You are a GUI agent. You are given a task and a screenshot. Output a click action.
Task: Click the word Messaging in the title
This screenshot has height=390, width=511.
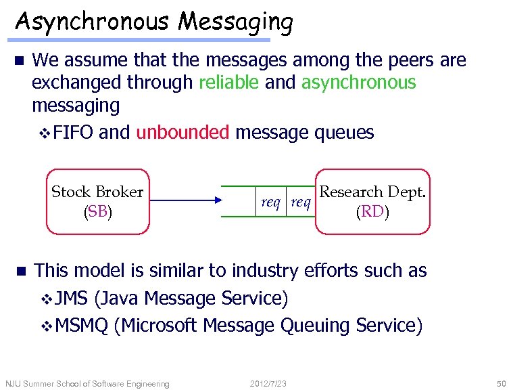coord(236,23)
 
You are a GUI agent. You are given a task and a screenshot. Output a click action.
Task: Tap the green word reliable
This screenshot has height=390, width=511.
coord(228,83)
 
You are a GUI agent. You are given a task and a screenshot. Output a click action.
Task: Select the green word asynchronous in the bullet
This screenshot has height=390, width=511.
coord(358,83)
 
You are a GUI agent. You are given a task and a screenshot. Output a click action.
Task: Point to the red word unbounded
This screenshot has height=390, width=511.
coord(182,132)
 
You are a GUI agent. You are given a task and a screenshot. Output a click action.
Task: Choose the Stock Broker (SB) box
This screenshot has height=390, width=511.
coord(97,201)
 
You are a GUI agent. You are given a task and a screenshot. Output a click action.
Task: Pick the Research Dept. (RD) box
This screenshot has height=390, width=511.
coord(372,201)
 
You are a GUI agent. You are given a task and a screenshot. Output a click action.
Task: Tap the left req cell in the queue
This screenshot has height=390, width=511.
coord(271,202)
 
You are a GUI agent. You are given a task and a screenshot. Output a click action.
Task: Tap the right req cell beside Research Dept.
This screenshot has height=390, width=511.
coord(300,202)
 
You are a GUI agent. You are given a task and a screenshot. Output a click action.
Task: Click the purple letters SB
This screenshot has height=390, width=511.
coord(97,211)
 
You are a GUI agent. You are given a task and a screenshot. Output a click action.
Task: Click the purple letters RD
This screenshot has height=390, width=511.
coord(372,212)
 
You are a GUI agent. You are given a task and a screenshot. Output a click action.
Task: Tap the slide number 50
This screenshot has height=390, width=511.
coord(500,384)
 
